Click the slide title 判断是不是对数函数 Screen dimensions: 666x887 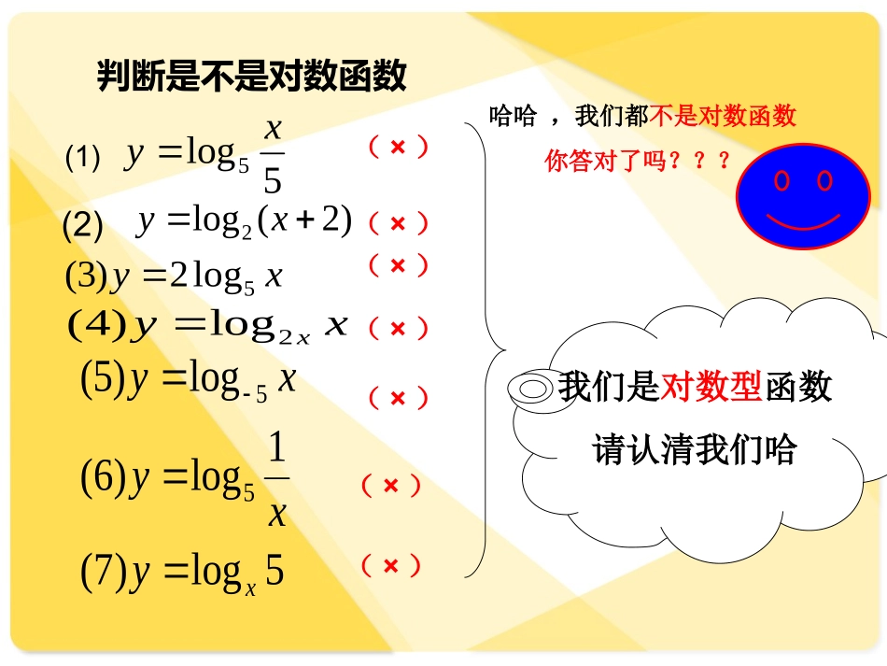coord(252,76)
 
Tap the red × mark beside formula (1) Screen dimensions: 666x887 coord(398,147)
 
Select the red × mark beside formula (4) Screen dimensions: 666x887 coord(398,329)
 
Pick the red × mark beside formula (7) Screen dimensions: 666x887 coord(390,565)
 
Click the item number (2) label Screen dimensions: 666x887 coord(82,225)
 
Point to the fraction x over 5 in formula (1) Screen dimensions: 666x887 coord(272,154)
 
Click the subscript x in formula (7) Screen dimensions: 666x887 coord(250,587)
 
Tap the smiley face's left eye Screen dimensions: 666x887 coord(781,180)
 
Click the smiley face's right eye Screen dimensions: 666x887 coord(824,179)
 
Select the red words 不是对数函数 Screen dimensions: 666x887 coord(723,116)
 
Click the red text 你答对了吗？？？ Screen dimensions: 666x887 coord(638,162)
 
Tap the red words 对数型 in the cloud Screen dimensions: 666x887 coord(711,386)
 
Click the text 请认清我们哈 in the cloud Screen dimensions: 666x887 coord(695,450)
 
